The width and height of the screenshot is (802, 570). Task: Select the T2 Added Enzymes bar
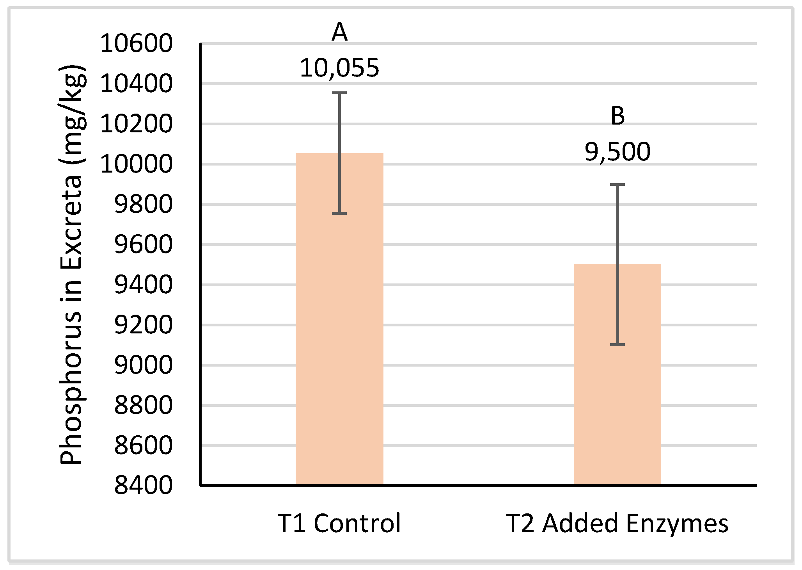point(617,390)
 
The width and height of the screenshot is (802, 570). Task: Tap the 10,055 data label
point(339,68)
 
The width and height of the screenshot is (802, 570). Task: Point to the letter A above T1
point(339,32)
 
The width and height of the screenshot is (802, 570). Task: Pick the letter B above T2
point(617,116)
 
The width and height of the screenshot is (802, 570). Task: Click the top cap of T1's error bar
point(339,93)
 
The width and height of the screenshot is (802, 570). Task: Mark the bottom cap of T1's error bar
point(339,213)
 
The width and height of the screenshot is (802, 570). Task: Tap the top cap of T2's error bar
point(617,184)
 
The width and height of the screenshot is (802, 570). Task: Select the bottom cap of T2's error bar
point(617,345)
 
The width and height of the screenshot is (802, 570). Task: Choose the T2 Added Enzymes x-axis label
point(617,523)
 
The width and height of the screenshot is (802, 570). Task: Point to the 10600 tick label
point(136,43)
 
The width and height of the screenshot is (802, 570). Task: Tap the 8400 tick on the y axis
point(143,485)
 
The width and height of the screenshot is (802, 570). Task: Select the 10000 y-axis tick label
point(136,164)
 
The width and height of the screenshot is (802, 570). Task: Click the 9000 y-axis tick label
point(143,365)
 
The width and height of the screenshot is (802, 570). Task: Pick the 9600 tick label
point(143,244)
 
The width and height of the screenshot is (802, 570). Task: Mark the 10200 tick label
point(136,124)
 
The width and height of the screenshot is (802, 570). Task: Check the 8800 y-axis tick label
point(143,405)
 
